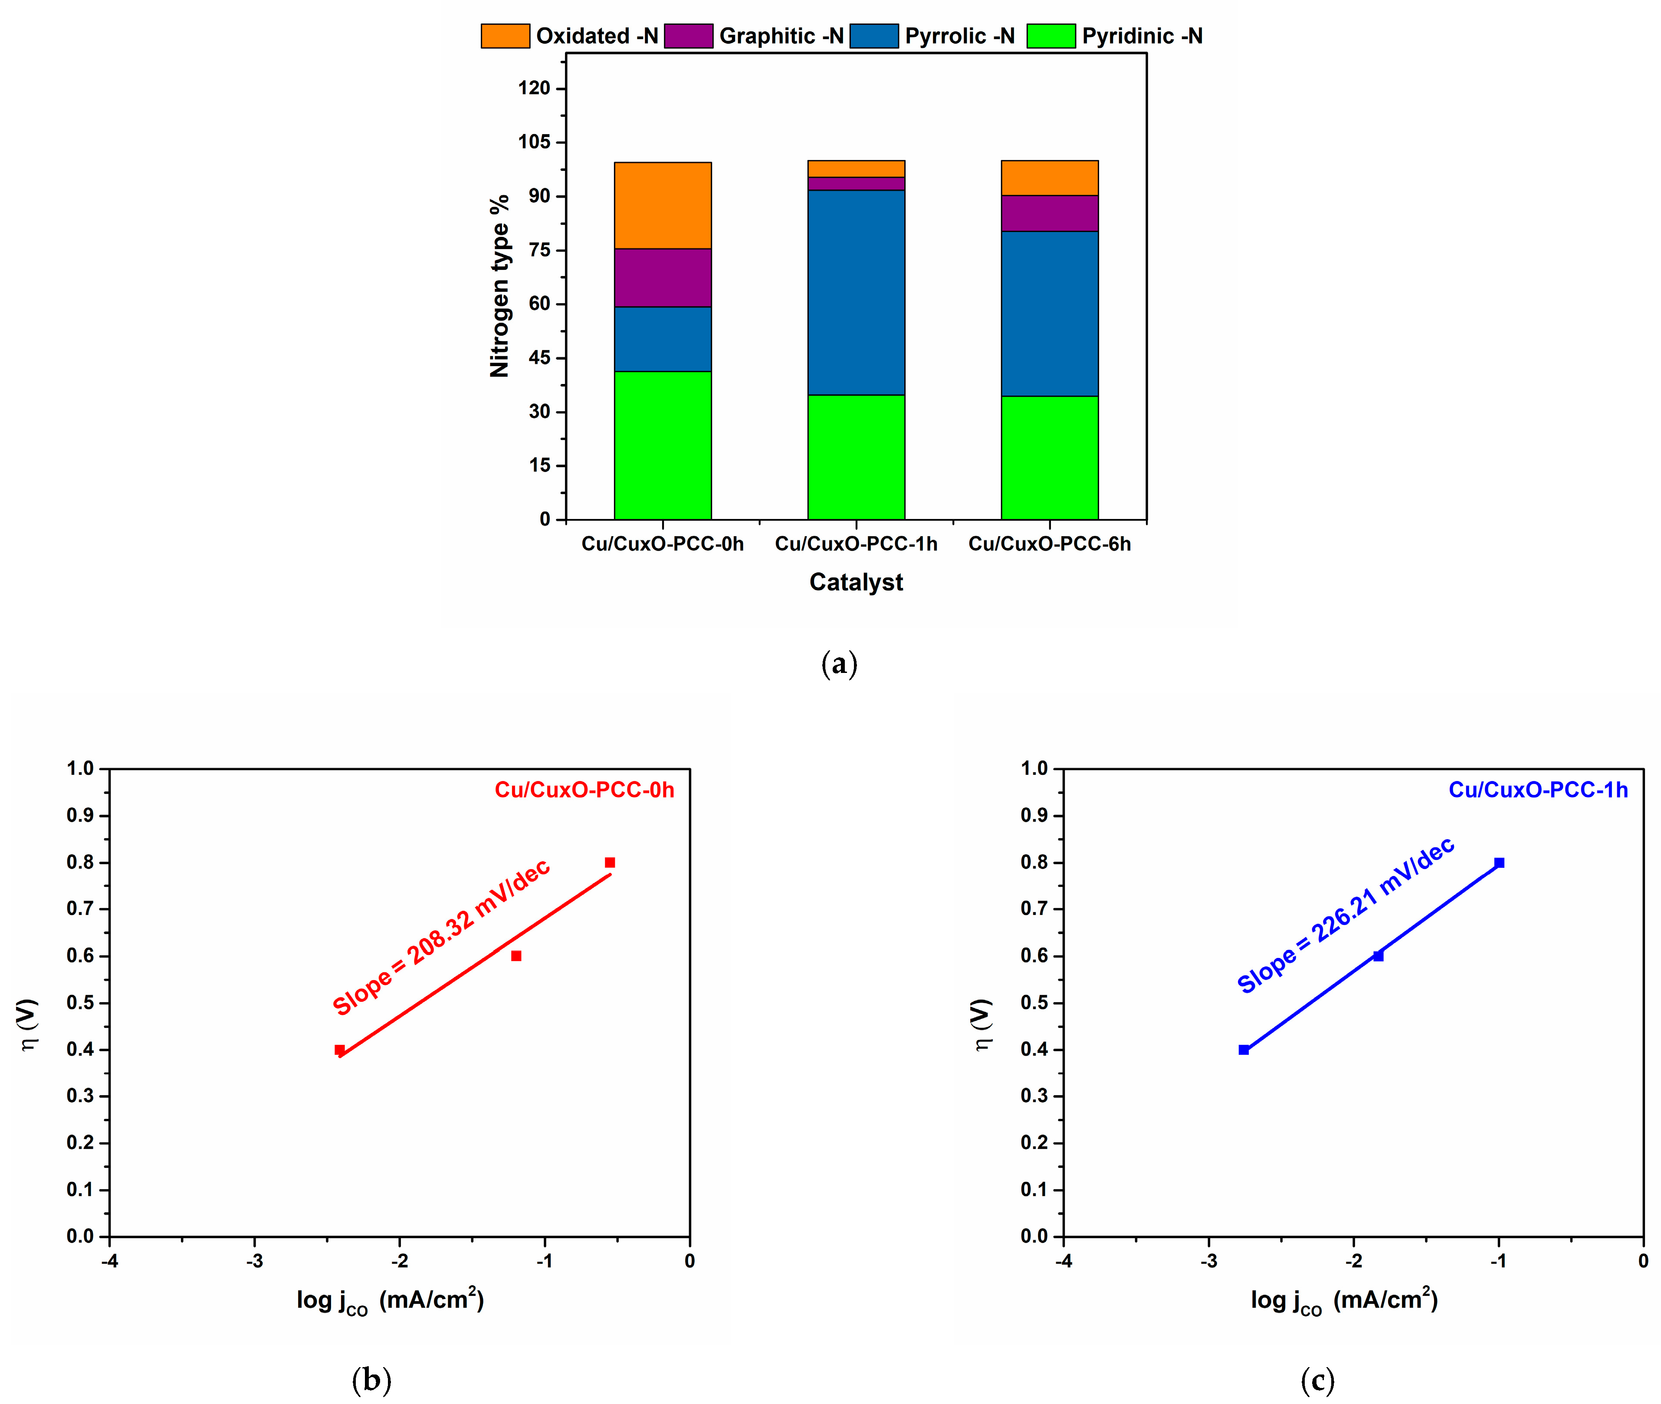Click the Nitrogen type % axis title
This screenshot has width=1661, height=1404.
pyautogui.click(x=499, y=286)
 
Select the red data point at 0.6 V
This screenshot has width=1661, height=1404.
pyautogui.click(x=516, y=956)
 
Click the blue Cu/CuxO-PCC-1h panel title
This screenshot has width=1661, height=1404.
pyautogui.click(x=1538, y=790)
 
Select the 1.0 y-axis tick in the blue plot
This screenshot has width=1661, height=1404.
pyautogui.click(x=1034, y=768)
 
